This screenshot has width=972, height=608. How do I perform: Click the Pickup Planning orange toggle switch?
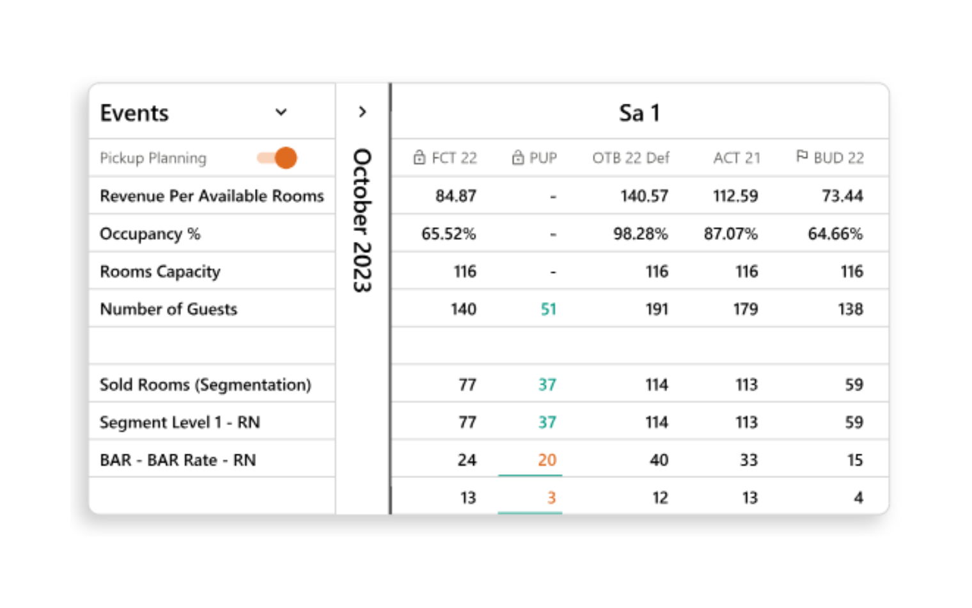pyautogui.click(x=278, y=157)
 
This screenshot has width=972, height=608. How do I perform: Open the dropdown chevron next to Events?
pyautogui.click(x=281, y=113)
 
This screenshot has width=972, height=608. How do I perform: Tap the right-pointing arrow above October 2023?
pyautogui.click(x=363, y=112)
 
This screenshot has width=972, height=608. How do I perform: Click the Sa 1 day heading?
pyautogui.click(x=639, y=113)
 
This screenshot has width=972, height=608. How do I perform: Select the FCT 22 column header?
pyautogui.click(x=446, y=157)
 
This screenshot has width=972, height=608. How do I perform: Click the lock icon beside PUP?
pyautogui.click(x=518, y=157)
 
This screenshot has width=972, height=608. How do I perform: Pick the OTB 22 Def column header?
pyautogui.click(x=631, y=157)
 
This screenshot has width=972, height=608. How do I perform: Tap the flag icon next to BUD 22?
pyautogui.click(x=802, y=156)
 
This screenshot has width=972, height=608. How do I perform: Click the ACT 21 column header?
pyautogui.click(x=737, y=157)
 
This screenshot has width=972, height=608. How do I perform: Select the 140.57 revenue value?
pyautogui.click(x=643, y=196)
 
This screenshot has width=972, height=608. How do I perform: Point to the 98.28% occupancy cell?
pyautogui.click(x=640, y=234)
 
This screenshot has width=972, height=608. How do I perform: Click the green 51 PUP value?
pyautogui.click(x=548, y=309)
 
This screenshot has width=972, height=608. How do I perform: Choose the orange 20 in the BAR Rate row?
pyautogui.click(x=547, y=460)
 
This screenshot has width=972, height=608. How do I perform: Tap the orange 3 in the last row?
pyautogui.click(x=551, y=497)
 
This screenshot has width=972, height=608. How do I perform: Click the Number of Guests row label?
pyautogui.click(x=169, y=309)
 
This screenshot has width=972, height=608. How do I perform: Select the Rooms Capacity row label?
pyautogui.click(x=160, y=271)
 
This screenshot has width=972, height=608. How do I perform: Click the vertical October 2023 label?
pyautogui.click(x=363, y=221)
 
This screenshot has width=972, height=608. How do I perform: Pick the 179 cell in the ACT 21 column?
pyautogui.click(x=745, y=309)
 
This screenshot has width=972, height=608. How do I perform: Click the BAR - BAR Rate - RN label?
pyautogui.click(x=178, y=460)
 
